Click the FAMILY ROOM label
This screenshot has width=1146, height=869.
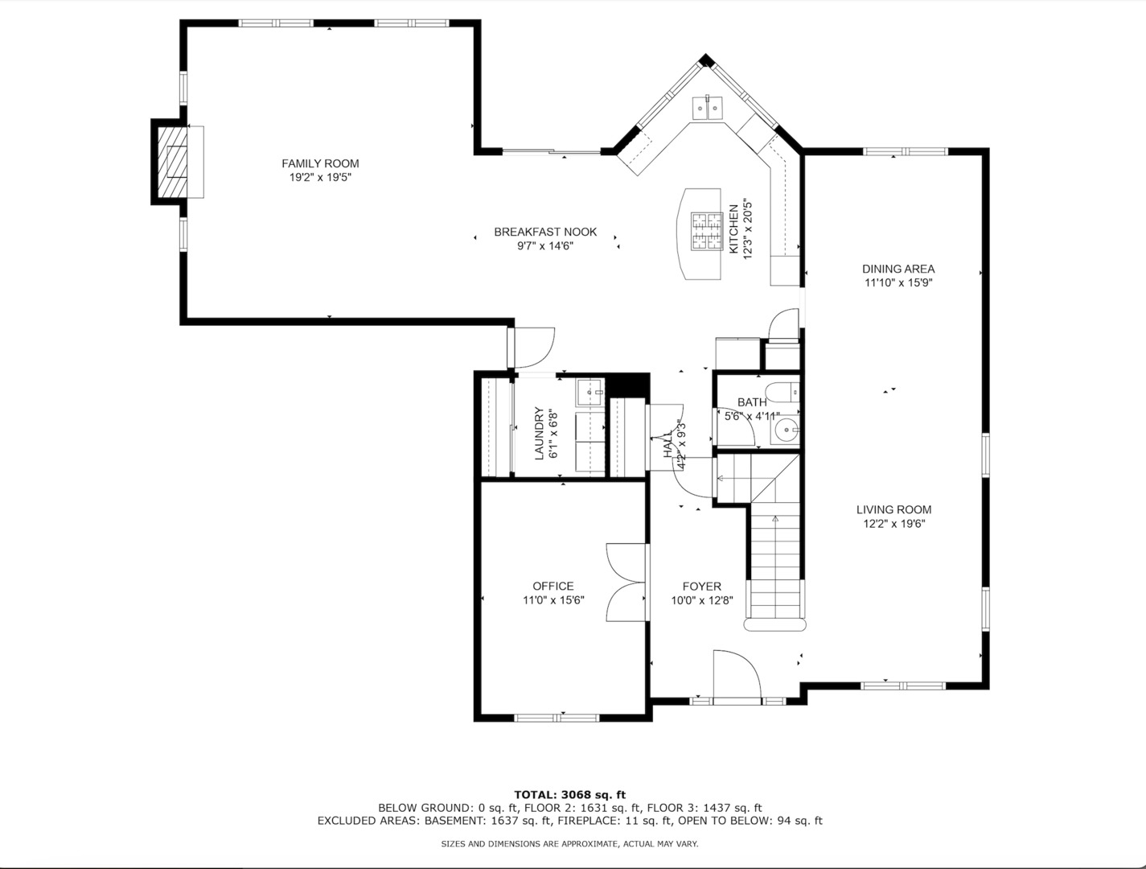320,163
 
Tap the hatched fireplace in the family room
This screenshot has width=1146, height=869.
170,162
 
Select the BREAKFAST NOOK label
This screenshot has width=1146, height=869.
545,232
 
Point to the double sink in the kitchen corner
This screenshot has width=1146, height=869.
708,107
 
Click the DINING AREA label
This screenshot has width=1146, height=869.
898,269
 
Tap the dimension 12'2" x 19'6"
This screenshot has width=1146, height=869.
893,524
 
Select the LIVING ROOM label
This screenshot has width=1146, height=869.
893,509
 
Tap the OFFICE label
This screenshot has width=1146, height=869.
553,586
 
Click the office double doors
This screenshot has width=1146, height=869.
626,581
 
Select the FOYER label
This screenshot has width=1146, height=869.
702,587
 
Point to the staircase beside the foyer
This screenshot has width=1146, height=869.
775,563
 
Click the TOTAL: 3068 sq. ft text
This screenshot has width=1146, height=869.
569,794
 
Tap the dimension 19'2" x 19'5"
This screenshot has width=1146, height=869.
320,177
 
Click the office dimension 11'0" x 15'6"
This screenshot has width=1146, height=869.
553,599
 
